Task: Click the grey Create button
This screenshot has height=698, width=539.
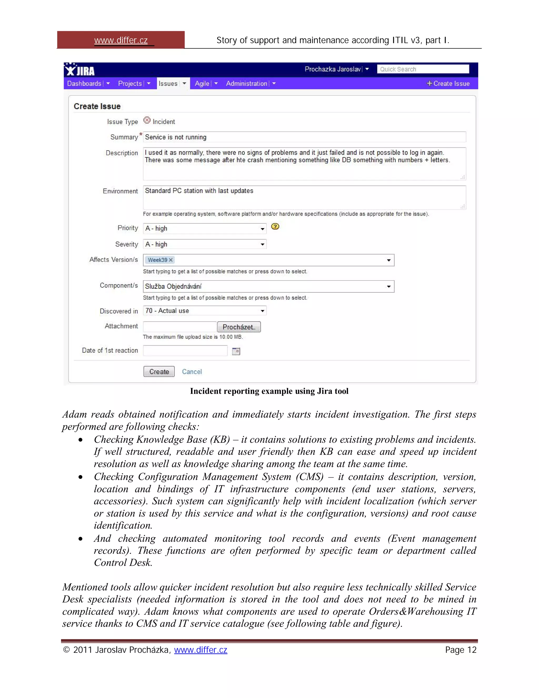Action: tap(159, 371)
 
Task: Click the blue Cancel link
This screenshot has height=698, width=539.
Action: tap(192, 372)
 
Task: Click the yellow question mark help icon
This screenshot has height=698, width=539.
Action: tap(275, 227)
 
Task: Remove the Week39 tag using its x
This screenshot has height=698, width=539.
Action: tap(171, 260)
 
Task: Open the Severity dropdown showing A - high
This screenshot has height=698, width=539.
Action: tap(204, 244)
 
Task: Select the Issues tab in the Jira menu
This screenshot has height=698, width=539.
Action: tap(168, 83)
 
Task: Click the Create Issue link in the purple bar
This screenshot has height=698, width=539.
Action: tap(448, 83)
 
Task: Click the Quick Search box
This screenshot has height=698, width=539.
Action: tap(422, 69)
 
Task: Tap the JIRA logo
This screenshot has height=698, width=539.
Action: tap(79, 70)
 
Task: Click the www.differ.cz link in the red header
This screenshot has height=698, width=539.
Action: tap(121, 40)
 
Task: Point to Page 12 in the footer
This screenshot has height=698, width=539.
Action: tap(461, 650)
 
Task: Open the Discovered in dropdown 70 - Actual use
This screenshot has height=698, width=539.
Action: tap(204, 311)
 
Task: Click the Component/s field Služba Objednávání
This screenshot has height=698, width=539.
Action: tap(268, 286)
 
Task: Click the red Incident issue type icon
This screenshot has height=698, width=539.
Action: tap(147, 120)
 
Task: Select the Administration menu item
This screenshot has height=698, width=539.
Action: tap(247, 83)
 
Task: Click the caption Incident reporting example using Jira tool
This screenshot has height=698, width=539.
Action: tap(269, 391)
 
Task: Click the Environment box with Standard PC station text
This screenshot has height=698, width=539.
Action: tap(304, 197)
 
